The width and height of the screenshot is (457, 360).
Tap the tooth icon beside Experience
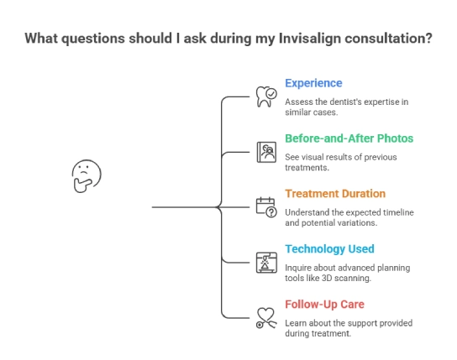265,97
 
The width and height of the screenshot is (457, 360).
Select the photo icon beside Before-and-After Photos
265,152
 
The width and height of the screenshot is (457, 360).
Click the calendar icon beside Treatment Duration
265,206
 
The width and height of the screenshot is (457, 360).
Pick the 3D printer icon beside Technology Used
265,262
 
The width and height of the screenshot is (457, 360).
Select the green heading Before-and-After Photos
349,138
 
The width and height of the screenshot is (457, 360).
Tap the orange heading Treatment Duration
335,193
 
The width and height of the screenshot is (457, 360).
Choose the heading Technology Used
329,248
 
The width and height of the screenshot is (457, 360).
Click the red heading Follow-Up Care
324,304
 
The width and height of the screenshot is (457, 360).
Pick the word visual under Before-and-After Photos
314,157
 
